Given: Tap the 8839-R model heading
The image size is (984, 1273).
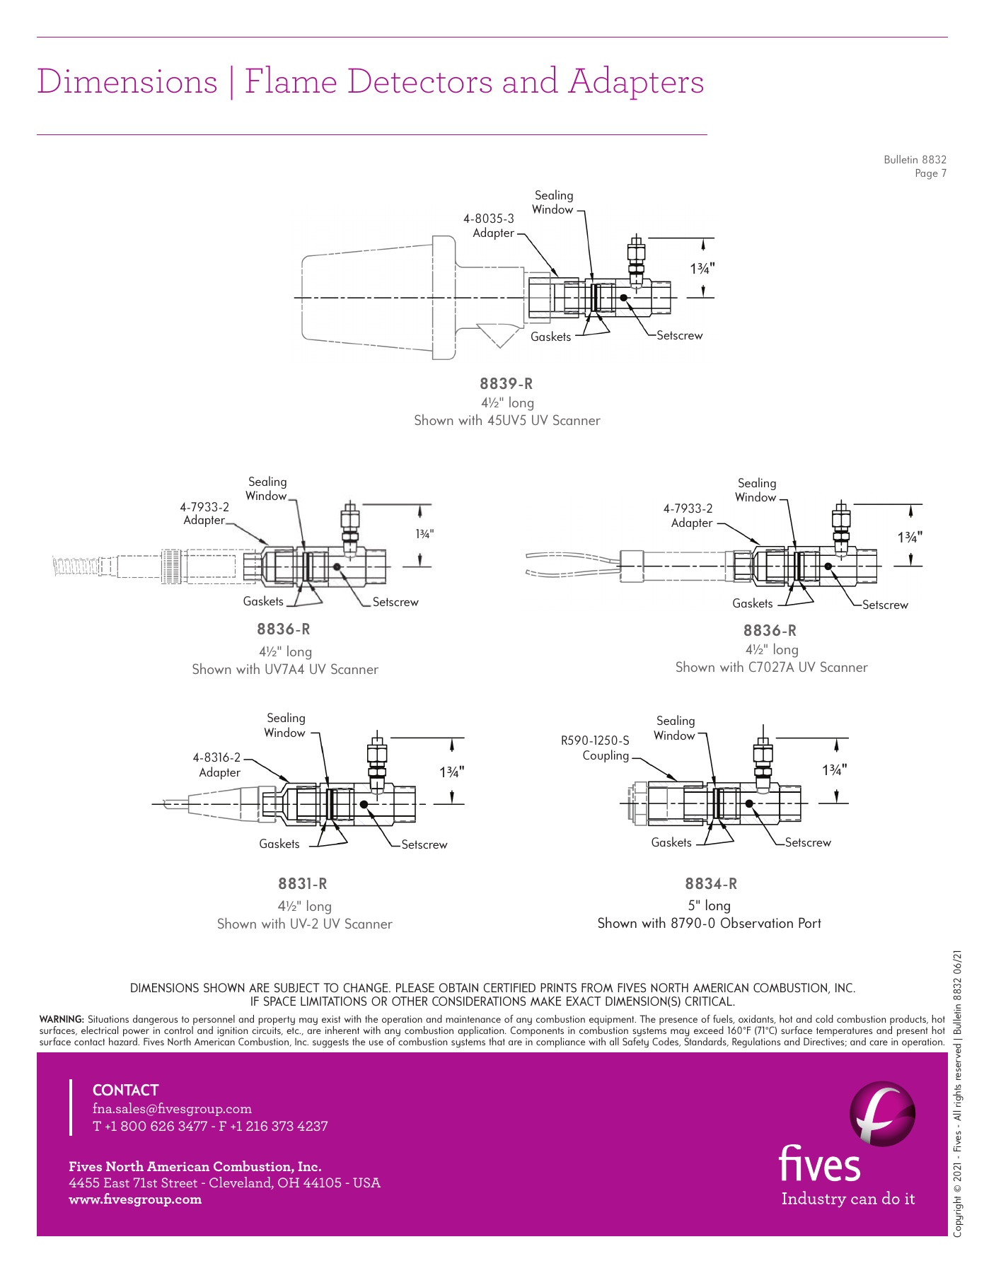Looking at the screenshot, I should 507,384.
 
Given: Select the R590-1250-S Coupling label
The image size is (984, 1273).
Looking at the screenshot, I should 595,748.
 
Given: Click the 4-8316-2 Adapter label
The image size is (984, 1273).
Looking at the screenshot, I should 217,765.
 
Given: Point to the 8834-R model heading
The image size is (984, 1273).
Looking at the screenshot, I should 711,884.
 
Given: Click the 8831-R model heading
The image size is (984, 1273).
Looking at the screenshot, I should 303,884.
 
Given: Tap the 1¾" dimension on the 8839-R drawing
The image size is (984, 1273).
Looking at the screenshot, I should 702,269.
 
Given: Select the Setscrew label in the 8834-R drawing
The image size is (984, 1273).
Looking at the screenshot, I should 808,843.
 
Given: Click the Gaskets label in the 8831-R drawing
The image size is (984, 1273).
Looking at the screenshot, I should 279,844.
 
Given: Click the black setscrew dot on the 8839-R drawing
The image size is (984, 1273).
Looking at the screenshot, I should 623,298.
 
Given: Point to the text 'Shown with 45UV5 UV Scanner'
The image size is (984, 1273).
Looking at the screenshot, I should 507,421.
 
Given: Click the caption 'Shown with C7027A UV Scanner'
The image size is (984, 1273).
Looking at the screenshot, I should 771,668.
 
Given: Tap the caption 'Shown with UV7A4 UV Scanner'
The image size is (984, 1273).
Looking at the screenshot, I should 285,670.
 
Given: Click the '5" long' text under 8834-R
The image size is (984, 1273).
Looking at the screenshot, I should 710,906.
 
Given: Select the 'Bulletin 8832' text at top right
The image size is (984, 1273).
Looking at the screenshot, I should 915,160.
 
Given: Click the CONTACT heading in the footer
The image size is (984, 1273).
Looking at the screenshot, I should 125,1091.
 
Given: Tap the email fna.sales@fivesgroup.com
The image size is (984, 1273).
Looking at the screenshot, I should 172,1109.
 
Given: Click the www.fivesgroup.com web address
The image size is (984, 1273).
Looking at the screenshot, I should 135,1199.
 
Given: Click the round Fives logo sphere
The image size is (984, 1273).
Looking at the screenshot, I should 882,1114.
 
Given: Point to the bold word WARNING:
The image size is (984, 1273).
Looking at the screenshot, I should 62,1020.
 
